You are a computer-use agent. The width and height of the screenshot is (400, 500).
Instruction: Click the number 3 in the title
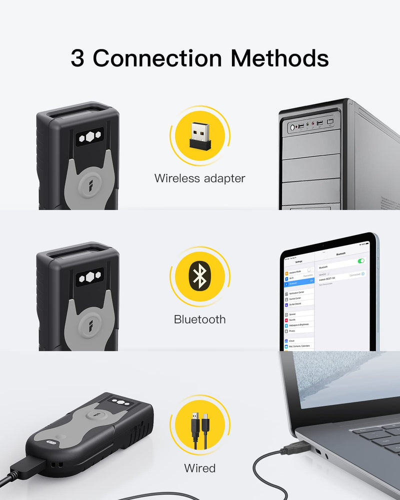coord(77,58)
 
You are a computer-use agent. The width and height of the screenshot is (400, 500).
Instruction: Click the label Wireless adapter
coord(199,178)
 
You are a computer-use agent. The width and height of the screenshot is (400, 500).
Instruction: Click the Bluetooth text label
coord(199,319)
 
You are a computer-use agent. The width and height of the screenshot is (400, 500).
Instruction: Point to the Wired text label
coord(199,468)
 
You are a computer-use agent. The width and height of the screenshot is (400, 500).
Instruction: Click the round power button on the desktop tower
coord(291,128)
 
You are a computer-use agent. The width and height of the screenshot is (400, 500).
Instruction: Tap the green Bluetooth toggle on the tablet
coord(361,261)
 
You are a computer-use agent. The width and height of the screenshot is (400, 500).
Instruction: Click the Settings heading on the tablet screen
coord(298,262)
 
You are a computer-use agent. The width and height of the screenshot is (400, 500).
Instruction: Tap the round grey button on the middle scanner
coord(91,324)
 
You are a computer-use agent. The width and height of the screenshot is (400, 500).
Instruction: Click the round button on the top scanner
coord(91,183)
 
